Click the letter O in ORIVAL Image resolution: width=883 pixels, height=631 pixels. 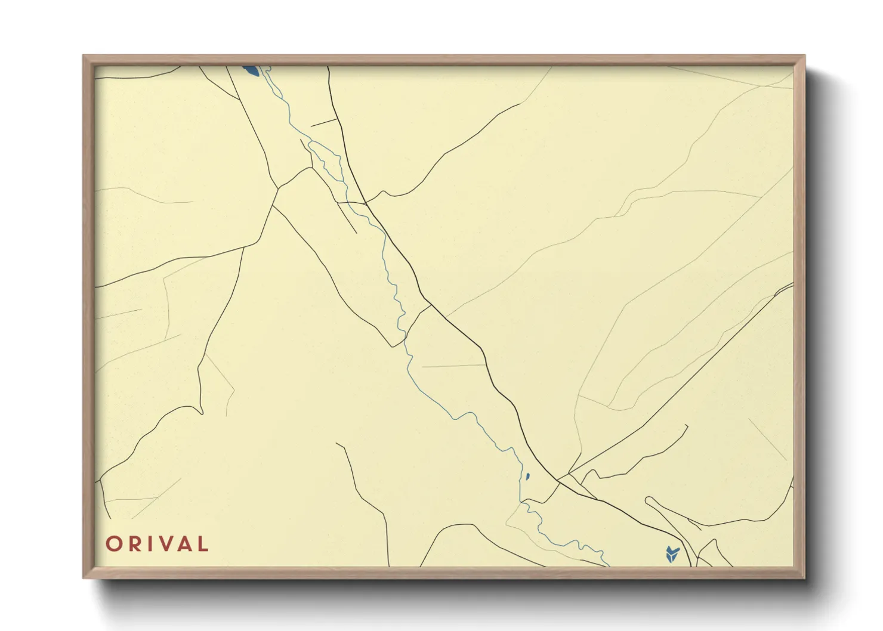(x=114, y=544)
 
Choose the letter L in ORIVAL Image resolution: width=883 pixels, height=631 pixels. (x=203, y=544)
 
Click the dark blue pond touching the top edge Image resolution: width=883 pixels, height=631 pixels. (x=251, y=71)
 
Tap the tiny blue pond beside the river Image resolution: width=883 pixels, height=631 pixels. (x=527, y=476)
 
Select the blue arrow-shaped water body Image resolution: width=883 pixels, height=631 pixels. (x=672, y=553)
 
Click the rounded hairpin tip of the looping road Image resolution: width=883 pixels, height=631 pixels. (x=649, y=499)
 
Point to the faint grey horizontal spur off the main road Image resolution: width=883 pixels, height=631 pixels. (x=453, y=366)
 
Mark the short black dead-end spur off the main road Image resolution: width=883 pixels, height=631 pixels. (x=324, y=123)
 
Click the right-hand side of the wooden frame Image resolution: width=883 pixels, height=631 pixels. (x=799, y=316)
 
